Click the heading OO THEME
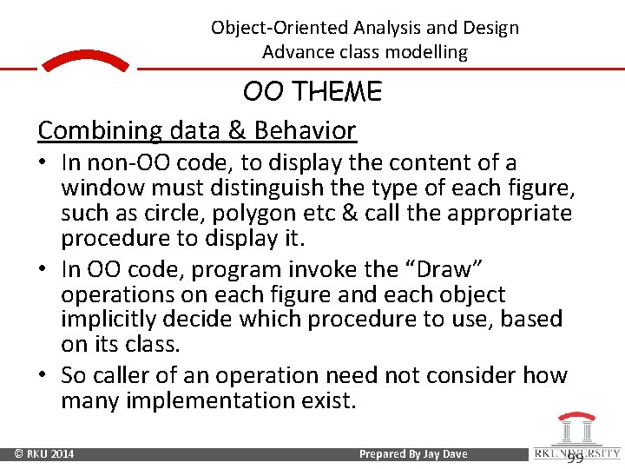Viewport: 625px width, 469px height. [x=312, y=91]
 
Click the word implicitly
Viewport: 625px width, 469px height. [x=105, y=319]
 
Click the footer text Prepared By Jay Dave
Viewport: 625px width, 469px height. [x=412, y=454]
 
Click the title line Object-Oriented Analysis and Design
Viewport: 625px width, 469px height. [x=365, y=27]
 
